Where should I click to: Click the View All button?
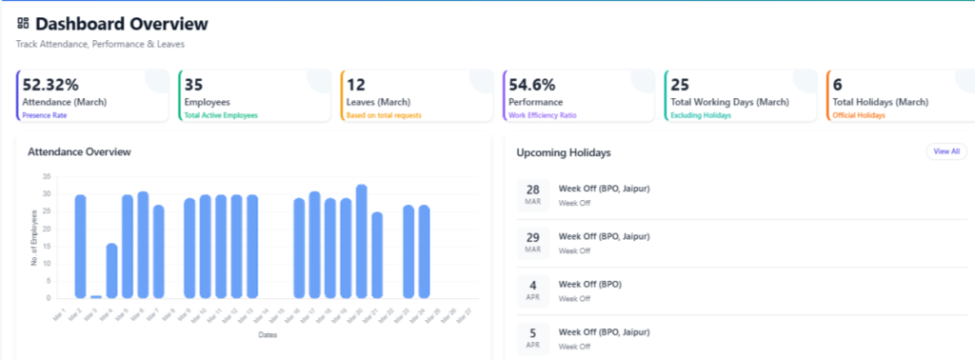tap(945, 151)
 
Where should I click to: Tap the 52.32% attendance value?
tap(50, 85)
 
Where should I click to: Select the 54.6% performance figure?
tap(532, 85)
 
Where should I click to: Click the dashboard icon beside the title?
tap(23, 23)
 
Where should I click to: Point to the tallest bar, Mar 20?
tap(361, 241)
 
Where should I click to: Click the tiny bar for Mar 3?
tap(96, 296)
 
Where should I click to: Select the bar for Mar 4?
tap(111, 270)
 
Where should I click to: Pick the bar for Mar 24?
tap(424, 251)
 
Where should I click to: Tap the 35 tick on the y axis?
tap(47, 176)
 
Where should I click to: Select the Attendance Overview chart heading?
tap(79, 151)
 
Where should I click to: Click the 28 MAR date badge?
tap(533, 193)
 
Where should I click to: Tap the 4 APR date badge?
tap(533, 290)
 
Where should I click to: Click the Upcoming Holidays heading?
tap(563, 152)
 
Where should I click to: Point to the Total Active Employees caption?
tap(221, 115)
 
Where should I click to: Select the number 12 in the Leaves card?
tap(356, 85)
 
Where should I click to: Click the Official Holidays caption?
tap(859, 115)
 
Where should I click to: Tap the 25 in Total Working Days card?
tap(680, 85)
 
